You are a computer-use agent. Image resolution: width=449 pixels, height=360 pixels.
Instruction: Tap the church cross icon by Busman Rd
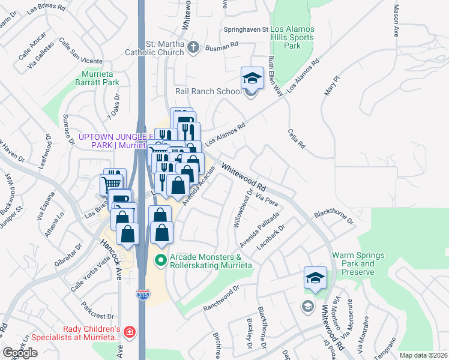[193, 47]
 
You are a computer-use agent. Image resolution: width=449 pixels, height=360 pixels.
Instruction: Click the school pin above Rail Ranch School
[253, 77]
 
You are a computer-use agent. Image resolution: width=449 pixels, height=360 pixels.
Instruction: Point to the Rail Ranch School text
[208, 92]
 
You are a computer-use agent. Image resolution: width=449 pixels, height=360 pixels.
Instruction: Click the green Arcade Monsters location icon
[160, 260]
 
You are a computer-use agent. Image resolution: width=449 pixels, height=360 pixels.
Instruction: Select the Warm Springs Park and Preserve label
[358, 263]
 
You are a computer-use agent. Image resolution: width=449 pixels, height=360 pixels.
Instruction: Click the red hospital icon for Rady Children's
[130, 332]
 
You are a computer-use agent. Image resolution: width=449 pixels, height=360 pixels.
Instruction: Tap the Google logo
[20, 353]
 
